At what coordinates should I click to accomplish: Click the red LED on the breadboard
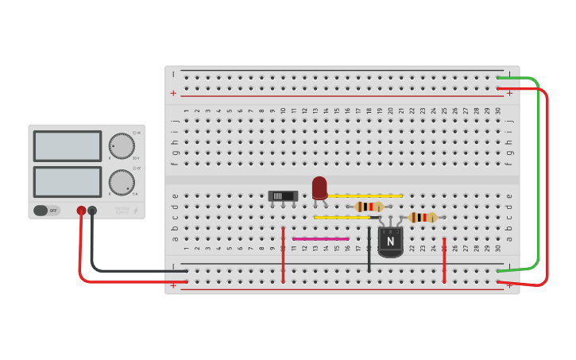point(319,188)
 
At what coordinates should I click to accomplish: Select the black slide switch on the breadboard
point(283,195)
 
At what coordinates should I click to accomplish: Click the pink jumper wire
point(320,238)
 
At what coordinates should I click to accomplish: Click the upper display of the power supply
point(68,146)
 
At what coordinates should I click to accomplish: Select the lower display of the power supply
point(68,182)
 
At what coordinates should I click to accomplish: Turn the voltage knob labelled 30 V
point(121,145)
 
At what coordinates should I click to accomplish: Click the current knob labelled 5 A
point(121,182)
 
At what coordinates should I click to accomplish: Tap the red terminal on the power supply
point(81,211)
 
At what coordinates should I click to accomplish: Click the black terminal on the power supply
point(92,211)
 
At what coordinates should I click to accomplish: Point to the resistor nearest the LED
point(369,207)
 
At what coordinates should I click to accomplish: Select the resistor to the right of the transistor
point(423,217)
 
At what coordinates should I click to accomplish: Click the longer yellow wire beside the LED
point(365,195)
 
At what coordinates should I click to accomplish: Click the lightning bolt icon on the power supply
point(135,211)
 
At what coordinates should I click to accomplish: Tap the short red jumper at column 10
point(283,254)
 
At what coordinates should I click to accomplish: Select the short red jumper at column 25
point(444,259)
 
